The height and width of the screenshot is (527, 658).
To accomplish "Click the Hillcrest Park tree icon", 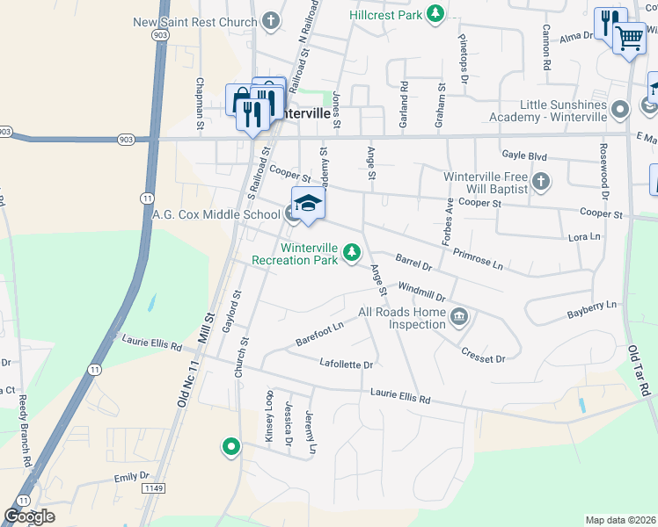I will tap(434, 13).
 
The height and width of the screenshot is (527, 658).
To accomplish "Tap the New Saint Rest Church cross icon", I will tap(271, 20).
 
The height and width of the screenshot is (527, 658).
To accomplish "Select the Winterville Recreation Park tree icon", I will tap(352, 253).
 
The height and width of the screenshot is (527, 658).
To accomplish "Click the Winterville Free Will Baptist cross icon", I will tap(541, 183).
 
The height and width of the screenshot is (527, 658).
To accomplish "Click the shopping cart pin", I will tap(629, 37).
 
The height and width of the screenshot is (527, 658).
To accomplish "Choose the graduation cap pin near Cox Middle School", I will tap(308, 204).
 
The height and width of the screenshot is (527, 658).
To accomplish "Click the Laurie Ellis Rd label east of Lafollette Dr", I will tap(400, 399).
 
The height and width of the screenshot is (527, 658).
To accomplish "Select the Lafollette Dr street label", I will tap(347, 364).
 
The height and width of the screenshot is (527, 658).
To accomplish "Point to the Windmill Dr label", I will tap(422, 292).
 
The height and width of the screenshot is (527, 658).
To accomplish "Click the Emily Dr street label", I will tap(132, 476).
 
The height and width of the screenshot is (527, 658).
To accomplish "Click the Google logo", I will tap(30, 516).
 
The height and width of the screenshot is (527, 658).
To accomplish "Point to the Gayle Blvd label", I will tap(524, 156).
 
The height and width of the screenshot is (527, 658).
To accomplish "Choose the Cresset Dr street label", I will tap(483, 354).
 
